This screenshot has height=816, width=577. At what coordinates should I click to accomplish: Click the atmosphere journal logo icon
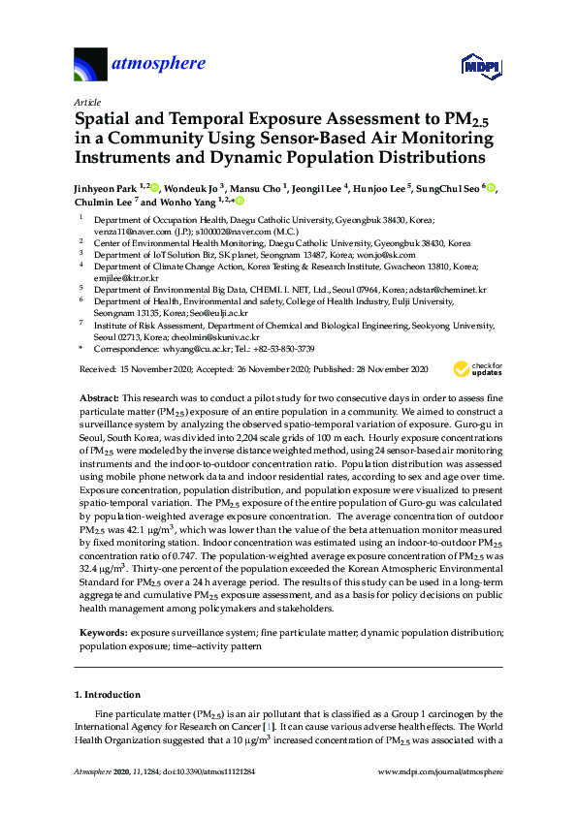click(x=90, y=66)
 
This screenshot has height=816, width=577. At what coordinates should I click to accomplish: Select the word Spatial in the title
click(x=105, y=120)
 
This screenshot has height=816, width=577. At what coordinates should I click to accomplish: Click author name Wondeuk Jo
click(x=189, y=187)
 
